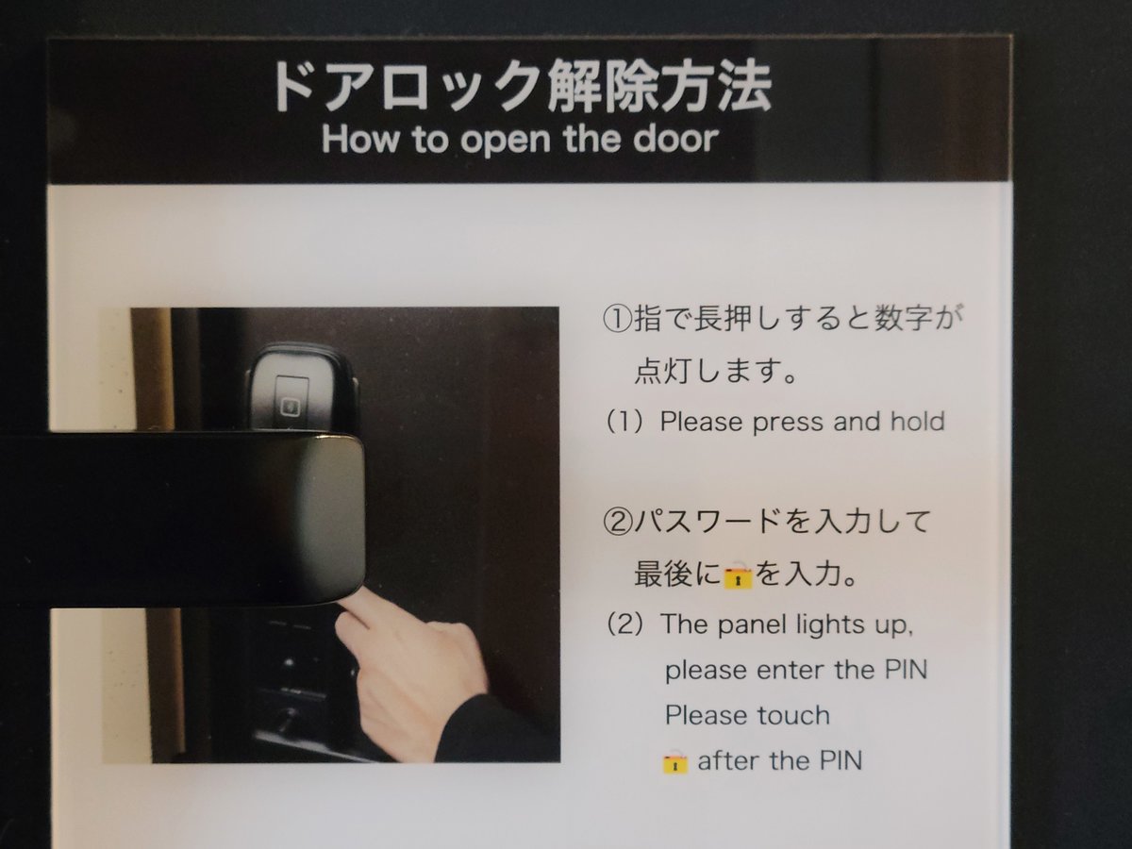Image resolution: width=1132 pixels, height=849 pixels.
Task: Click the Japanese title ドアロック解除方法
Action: coord(521,87)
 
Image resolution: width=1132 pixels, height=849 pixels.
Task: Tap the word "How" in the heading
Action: coord(360,139)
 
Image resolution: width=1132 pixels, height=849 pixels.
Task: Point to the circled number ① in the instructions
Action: coord(617,319)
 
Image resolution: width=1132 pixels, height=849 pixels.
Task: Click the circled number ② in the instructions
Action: coord(617,522)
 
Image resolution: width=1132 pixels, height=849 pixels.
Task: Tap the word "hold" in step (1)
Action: coord(918,421)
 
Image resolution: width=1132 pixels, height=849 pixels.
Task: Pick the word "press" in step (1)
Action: coord(790,423)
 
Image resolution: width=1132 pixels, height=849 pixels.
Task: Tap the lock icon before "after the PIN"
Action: coord(674,761)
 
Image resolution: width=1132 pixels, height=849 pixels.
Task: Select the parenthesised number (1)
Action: coord(625,423)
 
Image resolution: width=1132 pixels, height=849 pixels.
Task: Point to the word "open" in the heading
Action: coord(506,141)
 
